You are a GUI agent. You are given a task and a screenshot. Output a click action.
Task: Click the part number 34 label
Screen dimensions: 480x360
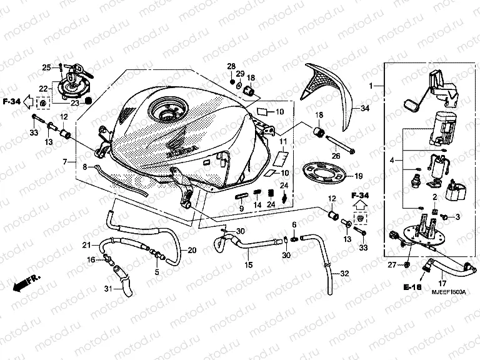[x=366, y=108]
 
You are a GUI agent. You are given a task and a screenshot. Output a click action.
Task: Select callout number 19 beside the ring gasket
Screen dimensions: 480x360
[x=359, y=176]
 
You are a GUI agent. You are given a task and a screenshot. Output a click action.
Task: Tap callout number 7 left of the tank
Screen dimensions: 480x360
[x=64, y=162]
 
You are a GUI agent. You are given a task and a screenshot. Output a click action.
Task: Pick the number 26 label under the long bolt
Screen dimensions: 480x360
[x=335, y=156]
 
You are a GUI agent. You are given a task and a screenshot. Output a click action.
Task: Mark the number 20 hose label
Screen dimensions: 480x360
[x=192, y=251]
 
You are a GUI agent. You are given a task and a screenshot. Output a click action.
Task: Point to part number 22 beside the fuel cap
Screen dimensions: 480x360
[x=44, y=88]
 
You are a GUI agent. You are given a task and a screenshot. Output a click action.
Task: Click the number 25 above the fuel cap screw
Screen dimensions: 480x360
[x=46, y=67]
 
